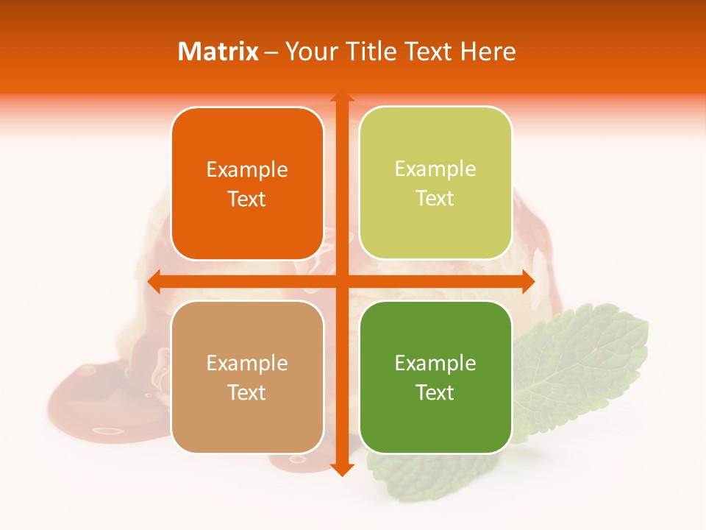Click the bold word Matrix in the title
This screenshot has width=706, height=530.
[x=218, y=52]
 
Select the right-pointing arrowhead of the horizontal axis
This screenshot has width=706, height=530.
[x=527, y=281]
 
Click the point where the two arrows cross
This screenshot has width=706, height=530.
[x=341, y=281]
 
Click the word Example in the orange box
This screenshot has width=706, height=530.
[x=247, y=170]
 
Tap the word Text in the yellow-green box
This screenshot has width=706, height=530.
[x=435, y=199]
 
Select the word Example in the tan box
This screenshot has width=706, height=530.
[x=247, y=363]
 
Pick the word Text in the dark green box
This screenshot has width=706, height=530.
[x=435, y=392]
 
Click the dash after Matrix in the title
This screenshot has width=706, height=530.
[x=271, y=52]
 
